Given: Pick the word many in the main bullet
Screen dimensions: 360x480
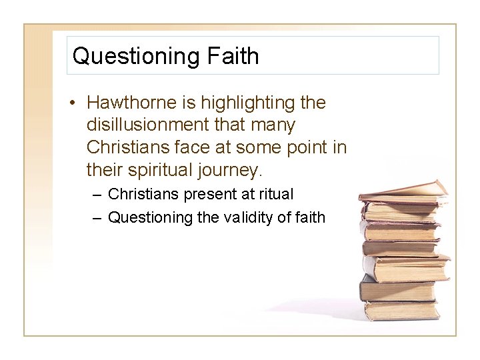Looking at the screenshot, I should pyautogui.click(x=271, y=125).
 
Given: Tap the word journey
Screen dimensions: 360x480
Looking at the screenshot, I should pyautogui.click(x=229, y=170).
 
